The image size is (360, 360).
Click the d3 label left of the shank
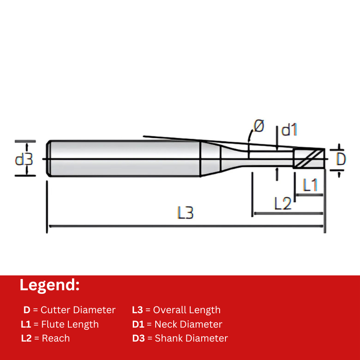point(24,159)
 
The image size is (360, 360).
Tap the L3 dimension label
point(185,212)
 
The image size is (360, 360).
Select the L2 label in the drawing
point(283,204)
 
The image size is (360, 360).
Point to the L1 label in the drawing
point(310,185)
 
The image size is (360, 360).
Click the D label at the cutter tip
point(342,158)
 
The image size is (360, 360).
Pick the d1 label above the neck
point(289,130)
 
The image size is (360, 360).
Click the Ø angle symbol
point(259,126)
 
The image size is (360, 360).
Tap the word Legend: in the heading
point(49,285)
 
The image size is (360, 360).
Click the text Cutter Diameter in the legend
point(78,310)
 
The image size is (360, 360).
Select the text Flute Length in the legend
point(70,324)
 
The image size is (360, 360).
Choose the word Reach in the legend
point(56,338)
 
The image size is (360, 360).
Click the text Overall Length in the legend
point(187,310)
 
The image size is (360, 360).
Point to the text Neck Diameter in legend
point(188,324)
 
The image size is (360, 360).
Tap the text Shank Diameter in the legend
point(191,338)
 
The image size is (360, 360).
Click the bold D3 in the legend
point(138,338)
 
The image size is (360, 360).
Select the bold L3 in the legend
point(137,310)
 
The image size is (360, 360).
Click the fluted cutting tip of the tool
point(309,158)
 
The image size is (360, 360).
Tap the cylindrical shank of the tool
point(124,158)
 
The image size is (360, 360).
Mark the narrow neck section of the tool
point(270,158)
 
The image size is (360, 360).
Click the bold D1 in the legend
point(138,324)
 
